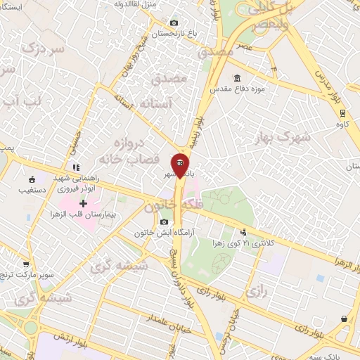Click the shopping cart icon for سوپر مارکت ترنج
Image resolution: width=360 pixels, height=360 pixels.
click(x=26, y=265)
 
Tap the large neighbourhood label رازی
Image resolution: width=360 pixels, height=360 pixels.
click(x=254, y=288)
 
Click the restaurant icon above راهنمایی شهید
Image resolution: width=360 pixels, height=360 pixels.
click(x=75, y=167)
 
